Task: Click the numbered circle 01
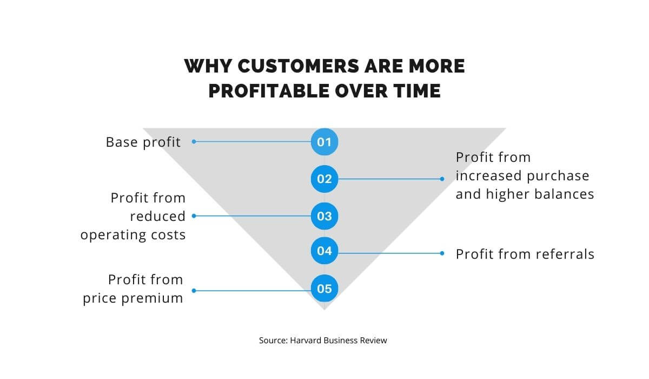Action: tap(325, 142)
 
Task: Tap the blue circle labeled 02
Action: tap(325, 179)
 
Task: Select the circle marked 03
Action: tap(325, 216)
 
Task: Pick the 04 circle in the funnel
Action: tap(325, 251)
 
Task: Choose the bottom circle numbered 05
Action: tap(325, 289)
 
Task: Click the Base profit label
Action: tap(143, 142)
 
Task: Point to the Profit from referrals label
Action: tap(525, 254)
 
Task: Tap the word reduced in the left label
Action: tap(157, 216)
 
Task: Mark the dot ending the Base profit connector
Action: tap(194, 142)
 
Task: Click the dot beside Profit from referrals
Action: tap(442, 253)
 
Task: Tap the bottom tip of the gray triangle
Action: tap(324, 309)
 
